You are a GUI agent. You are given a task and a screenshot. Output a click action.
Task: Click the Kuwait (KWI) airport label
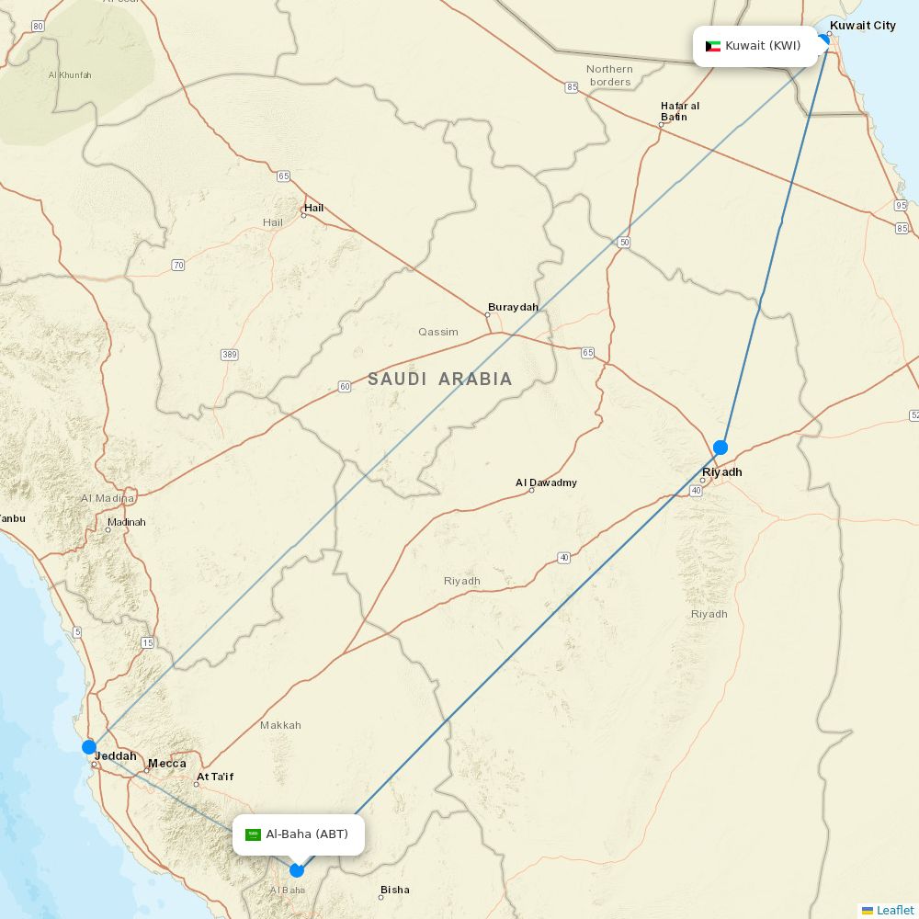point(755,46)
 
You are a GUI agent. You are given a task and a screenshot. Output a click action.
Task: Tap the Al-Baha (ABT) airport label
point(299,834)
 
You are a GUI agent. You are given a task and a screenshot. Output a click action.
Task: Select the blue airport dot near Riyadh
point(720,448)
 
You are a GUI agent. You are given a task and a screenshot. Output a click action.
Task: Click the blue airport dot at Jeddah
point(89,747)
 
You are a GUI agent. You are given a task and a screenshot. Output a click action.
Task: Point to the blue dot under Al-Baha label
point(297,869)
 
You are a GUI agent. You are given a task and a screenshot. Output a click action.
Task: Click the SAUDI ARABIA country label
point(440,379)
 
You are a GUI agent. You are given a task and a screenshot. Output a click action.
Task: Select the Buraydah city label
point(513,307)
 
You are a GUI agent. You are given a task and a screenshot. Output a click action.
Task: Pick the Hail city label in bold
point(314,208)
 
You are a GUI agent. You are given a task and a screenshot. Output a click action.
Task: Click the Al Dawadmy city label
point(546,482)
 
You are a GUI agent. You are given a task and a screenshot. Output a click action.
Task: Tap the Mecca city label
point(167,763)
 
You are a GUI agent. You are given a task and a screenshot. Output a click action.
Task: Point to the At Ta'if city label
point(215,777)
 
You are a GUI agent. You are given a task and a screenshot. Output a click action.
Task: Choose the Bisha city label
point(394,890)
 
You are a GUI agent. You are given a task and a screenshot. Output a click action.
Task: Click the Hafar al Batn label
point(679,111)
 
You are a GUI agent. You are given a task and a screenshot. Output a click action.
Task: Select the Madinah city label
point(127,522)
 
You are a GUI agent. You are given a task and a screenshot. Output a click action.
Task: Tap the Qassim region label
point(438,332)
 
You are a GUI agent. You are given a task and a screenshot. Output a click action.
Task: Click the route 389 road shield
point(230,354)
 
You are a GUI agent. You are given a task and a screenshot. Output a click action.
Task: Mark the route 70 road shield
point(177,265)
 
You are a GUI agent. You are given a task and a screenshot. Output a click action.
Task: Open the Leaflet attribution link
point(894,910)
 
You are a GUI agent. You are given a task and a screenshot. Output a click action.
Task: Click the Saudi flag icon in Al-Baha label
point(254,834)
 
